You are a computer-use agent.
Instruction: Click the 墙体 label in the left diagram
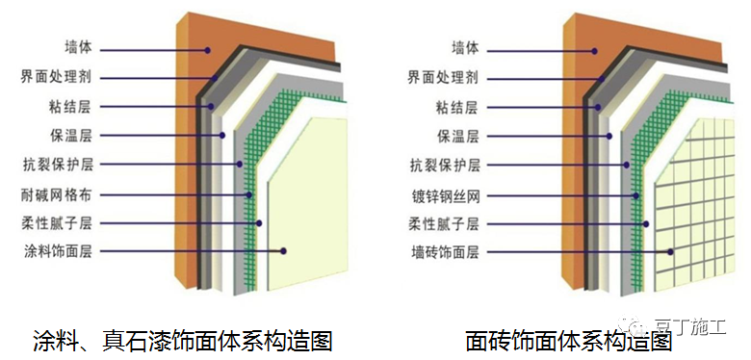click(x=77, y=47)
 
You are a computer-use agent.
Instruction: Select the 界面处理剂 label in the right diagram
click(x=466, y=76)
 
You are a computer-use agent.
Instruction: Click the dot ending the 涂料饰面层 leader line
click(x=284, y=252)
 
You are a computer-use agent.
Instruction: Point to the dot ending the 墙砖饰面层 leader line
click(x=670, y=252)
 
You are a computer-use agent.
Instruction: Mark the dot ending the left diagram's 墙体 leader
click(x=206, y=48)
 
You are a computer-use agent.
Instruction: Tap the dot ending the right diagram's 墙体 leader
click(x=594, y=48)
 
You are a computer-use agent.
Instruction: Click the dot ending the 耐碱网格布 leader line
click(x=249, y=194)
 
